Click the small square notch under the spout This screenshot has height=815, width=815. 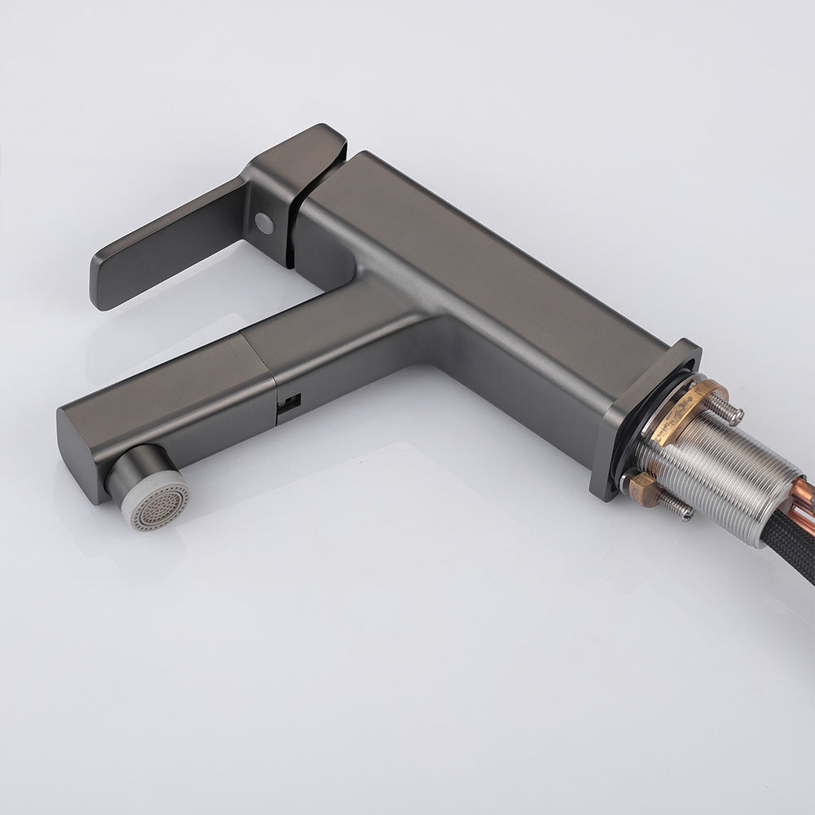[289, 404]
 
